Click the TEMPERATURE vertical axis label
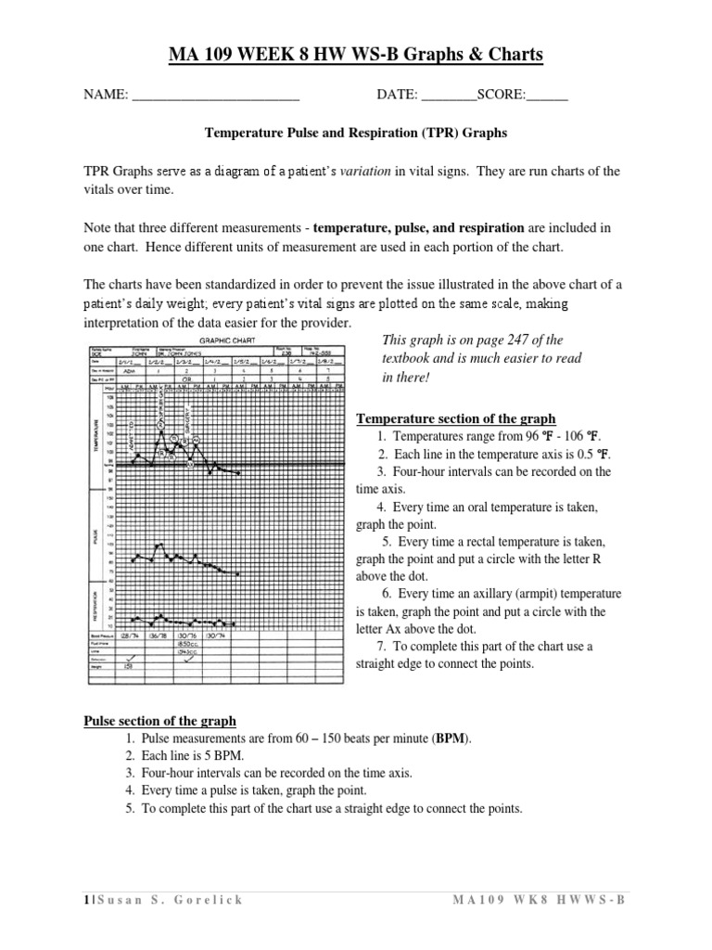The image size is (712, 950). pyautogui.click(x=95, y=430)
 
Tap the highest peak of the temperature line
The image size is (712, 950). pyautogui.click(x=161, y=432)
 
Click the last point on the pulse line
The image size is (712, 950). pyautogui.click(x=238, y=574)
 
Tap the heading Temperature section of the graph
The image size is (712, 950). pyautogui.click(x=456, y=418)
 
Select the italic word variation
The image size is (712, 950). pyautogui.click(x=370, y=172)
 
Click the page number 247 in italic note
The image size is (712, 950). pyautogui.click(x=535, y=340)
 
